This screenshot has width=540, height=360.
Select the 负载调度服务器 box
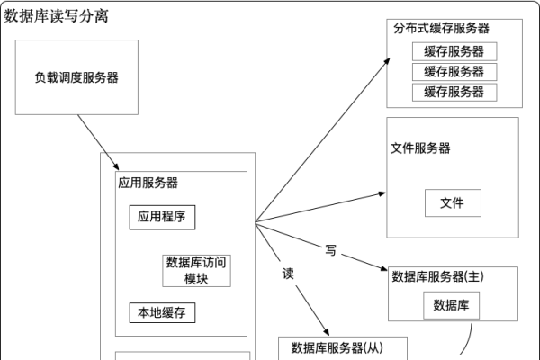coord(76,77)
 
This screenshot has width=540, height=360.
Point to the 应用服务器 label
coord(148,183)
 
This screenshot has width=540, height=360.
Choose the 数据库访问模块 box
coord(196,270)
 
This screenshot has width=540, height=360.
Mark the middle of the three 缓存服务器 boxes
coord(454,71)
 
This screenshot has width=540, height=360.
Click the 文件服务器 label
coord(421,148)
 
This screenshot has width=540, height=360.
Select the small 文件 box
coord(452,203)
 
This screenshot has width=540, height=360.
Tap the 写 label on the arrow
coord(330,250)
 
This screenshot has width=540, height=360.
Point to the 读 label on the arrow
coord(289,272)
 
